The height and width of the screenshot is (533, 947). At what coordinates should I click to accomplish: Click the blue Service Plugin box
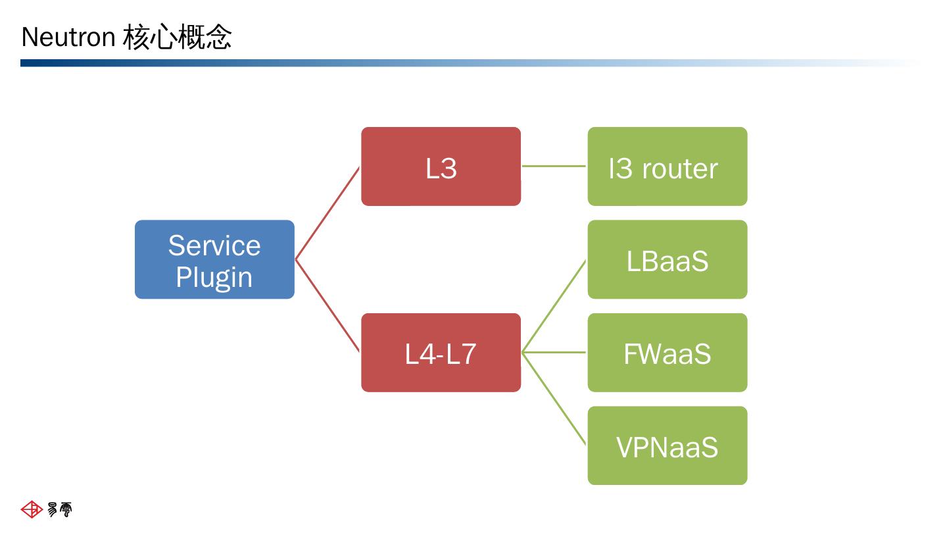pyautogui.click(x=214, y=259)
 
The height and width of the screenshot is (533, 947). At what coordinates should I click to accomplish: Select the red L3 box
pyautogui.click(x=441, y=166)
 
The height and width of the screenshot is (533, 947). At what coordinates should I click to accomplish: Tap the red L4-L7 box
pyautogui.click(x=441, y=353)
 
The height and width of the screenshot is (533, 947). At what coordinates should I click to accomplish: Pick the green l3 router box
pyautogui.click(x=668, y=166)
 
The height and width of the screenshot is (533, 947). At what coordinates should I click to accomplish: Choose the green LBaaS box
pyautogui.click(x=668, y=259)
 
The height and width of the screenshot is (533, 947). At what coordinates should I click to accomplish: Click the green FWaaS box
pyautogui.click(x=668, y=353)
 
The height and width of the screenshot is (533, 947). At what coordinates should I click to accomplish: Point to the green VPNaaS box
pyautogui.click(x=668, y=445)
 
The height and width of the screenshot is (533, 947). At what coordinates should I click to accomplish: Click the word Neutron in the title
pyautogui.click(x=68, y=37)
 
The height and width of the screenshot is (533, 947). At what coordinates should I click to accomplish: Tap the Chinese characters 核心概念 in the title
pyautogui.click(x=177, y=37)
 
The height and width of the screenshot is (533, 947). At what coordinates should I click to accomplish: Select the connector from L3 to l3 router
pyautogui.click(x=554, y=166)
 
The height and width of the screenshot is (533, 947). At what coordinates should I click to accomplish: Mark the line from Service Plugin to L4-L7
pyautogui.click(x=328, y=306)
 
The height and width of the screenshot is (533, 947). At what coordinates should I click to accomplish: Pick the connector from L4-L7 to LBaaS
pyautogui.click(x=554, y=306)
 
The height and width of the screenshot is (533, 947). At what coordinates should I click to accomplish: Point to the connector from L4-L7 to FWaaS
pyautogui.click(x=554, y=353)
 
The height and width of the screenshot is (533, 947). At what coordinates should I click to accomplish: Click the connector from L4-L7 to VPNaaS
pyautogui.click(x=554, y=399)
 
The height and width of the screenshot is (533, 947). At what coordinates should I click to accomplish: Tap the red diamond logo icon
pyautogui.click(x=32, y=509)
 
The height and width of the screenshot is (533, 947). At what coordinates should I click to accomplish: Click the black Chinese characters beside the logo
pyautogui.click(x=60, y=509)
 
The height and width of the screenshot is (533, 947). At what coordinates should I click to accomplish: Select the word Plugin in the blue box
pyautogui.click(x=214, y=278)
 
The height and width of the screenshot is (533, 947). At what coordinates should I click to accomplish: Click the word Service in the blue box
pyautogui.click(x=214, y=245)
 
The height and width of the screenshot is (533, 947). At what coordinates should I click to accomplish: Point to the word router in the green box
pyautogui.click(x=680, y=168)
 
